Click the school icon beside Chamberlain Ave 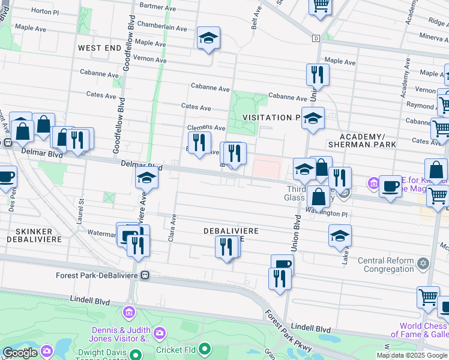pyautogui.click(x=208, y=38)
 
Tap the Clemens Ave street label pyautogui.click(x=206, y=128)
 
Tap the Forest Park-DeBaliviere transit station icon pyautogui.click(x=145, y=275)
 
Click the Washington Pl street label pyautogui.click(x=327, y=212)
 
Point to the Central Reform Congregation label pyautogui.click(x=386, y=265)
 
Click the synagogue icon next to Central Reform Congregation pyautogui.click(x=423, y=263)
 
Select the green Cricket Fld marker pyautogui.click(x=205, y=349)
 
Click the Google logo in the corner pyautogui.click(x=20, y=353)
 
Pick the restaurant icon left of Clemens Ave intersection pyautogui.click(x=200, y=143)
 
